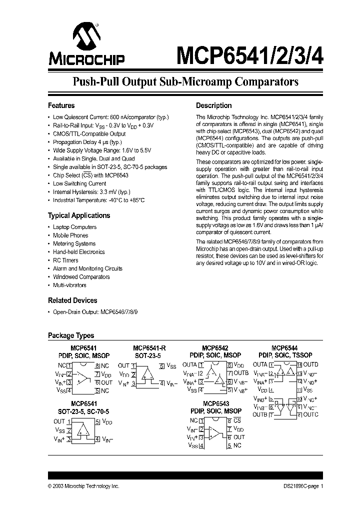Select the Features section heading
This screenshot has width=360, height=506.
click(61, 105)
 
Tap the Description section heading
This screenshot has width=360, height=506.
click(213, 105)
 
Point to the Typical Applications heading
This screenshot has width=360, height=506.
click(78, 215)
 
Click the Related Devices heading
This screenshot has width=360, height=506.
click(72, 300)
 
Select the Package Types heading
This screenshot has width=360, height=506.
click(70, 335)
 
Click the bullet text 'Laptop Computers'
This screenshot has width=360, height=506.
click(74, 227)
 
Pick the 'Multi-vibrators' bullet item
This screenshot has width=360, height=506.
click(69, 285)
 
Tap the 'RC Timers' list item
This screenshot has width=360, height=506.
click(65, 260)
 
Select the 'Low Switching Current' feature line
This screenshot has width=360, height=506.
click(79, 183)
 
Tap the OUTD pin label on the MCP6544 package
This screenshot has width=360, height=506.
click(310, 364)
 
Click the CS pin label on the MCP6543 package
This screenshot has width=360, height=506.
click(237, 421)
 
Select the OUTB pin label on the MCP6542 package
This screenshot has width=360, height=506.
click(241, 373)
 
